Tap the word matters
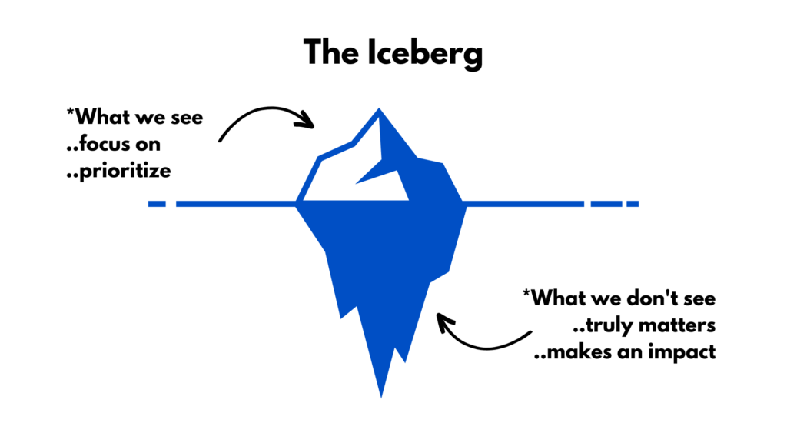pos(679,326)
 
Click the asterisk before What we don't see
pos(526,295)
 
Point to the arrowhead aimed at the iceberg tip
pos(308,120)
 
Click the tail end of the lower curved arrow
pos(530,332)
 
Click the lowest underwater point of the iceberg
pos(381,396)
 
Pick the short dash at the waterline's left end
pos(157,204)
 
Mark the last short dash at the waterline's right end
pos(632,204)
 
